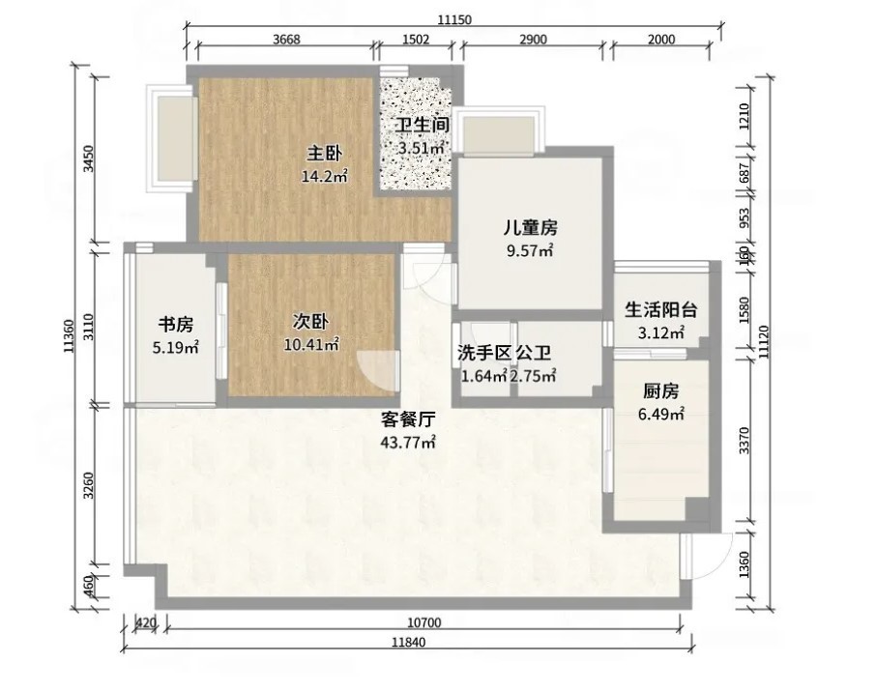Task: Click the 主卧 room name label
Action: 325,153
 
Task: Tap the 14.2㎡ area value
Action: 325,177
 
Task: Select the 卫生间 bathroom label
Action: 422,125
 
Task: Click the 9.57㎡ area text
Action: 530,250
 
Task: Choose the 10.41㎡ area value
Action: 311,345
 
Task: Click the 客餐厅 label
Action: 408,418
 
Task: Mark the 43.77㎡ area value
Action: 408,443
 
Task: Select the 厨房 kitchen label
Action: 660,391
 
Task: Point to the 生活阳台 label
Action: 661,309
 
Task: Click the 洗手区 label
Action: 484,353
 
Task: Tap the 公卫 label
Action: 534,353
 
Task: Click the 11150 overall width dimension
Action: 454,20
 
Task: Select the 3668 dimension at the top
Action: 286,39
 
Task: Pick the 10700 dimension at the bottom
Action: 424,622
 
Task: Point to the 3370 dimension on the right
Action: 744,440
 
